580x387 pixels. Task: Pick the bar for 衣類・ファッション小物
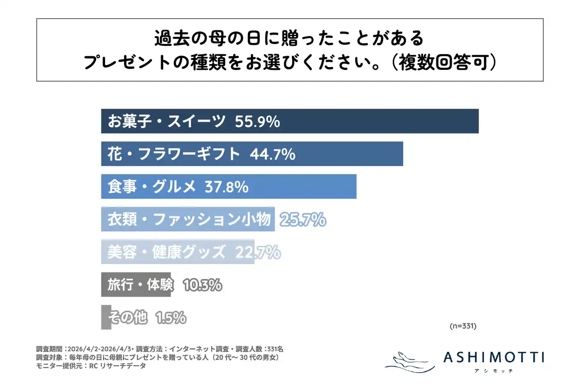point(188,220)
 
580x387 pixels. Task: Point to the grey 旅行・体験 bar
point(136,285)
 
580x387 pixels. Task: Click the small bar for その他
point(106,318)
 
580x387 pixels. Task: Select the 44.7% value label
point(273,154)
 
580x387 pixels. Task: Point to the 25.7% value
point(303,220)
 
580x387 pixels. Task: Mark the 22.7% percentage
point(257,252)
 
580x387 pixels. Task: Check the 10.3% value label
point(202,285)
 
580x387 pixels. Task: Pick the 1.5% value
point(170,318)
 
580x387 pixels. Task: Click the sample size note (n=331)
point(463,326)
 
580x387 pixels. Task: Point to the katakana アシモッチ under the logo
point(493,371)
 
